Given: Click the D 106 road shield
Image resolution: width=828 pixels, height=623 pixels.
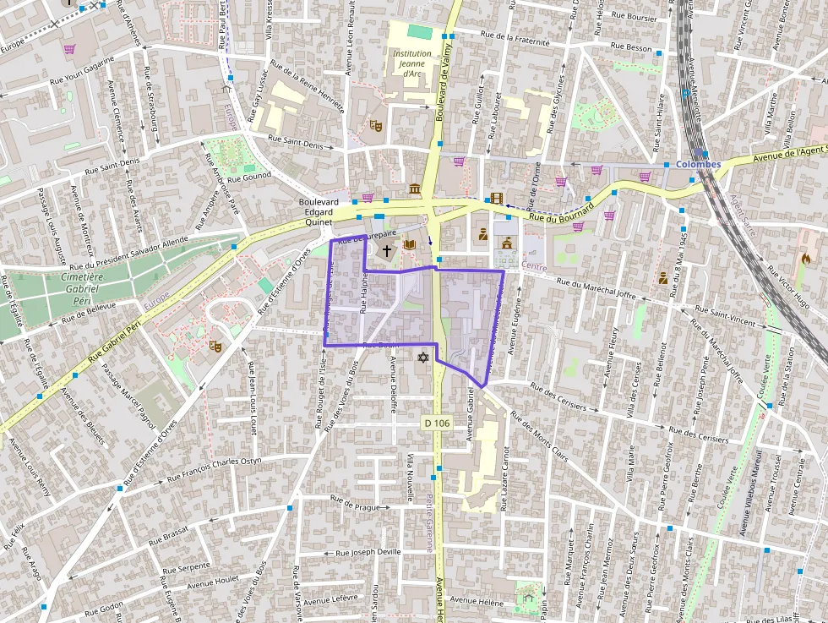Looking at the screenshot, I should pyautogui.click(x=436, y=423).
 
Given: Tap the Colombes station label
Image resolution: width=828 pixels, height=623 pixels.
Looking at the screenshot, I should pyautogui.click(x=698, y=164).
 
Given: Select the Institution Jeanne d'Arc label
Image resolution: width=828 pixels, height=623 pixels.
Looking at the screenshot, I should pyautogui.click(x=412, y=64).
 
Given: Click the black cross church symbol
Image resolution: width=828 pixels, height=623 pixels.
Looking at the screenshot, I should pyautogui.click(x=387, y=250).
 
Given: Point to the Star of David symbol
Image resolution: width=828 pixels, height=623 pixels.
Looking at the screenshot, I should pyautogui.click(x=422, y=358).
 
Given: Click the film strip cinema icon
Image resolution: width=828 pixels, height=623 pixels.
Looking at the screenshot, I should pyautogui.click(x=496, y=199).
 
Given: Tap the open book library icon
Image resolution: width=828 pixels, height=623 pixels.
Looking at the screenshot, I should pyautogui.click(x=410, y=245).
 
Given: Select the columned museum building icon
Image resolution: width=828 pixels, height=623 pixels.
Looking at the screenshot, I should pyautogui.click(x=415, y=189).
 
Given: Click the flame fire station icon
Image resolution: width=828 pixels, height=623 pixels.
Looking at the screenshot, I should pyautogui.click(x=805, y=260).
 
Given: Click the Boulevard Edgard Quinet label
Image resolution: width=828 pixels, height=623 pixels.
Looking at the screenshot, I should pyautogui.click(x=319, y=213).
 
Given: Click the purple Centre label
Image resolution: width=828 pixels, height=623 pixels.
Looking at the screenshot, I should pyautogui.click(x=534, y=267).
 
